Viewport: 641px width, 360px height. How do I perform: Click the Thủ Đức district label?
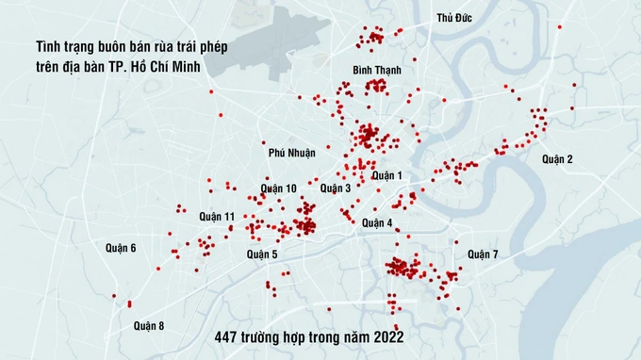454,19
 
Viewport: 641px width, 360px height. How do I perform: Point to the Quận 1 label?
386,175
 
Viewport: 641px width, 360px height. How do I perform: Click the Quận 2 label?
557,159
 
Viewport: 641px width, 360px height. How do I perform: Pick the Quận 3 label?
336,188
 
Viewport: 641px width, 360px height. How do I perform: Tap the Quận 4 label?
377,223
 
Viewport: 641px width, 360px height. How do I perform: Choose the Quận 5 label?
262,254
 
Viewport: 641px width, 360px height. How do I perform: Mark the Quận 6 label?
121,248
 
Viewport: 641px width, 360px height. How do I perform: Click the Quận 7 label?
483,254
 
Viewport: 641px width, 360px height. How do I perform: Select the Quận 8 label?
149,326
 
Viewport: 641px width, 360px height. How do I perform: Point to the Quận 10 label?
279,188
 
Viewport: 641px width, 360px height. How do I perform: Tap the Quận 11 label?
217,217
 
